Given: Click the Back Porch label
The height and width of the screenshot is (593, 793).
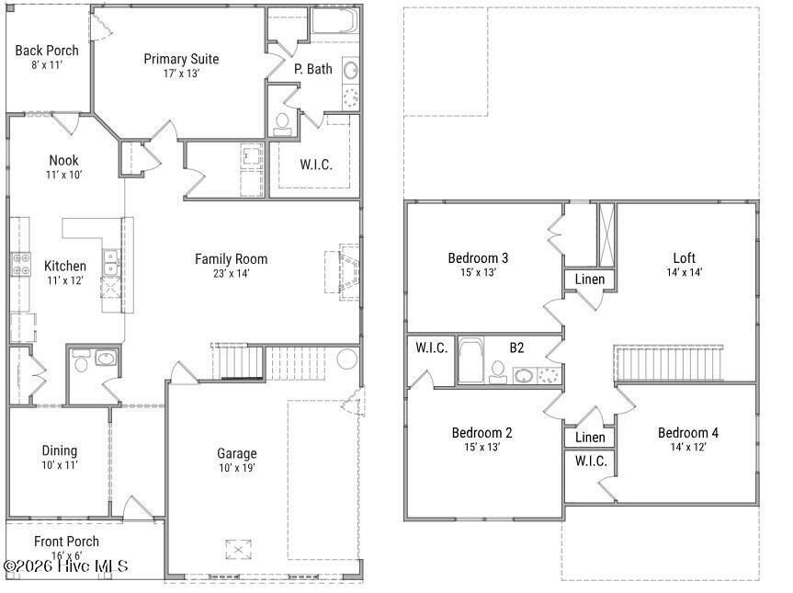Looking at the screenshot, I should (47, 51).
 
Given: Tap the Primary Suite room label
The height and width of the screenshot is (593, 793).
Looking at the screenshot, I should (181, 59).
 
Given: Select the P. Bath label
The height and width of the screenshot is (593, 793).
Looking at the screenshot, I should (312, 69).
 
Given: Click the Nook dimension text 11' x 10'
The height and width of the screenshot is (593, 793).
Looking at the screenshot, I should (64, 175).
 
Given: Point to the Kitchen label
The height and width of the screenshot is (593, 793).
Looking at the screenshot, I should (65, 266).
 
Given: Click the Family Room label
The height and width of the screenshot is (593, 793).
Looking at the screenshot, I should (231, 258).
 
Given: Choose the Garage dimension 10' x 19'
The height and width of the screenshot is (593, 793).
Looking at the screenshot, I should (237, 467).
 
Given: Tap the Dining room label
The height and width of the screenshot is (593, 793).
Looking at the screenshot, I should (59, 450).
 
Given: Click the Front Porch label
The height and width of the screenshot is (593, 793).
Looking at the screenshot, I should (66, 542).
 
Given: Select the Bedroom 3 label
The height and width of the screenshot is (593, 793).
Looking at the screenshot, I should (478, 257).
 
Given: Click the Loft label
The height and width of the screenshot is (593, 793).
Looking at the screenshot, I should (684, 258).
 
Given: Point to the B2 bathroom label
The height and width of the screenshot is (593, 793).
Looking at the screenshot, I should (517, 348).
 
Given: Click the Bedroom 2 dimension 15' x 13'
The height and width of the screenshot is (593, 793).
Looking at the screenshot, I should (482, 448).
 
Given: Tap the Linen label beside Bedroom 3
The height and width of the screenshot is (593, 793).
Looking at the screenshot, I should (589, 279).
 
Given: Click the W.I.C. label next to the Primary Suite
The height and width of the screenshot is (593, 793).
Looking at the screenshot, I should (316, 165).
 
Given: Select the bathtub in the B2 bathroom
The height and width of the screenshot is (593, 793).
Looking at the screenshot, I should (470, 362).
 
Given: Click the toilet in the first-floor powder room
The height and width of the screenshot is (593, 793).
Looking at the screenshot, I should (81, 364).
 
